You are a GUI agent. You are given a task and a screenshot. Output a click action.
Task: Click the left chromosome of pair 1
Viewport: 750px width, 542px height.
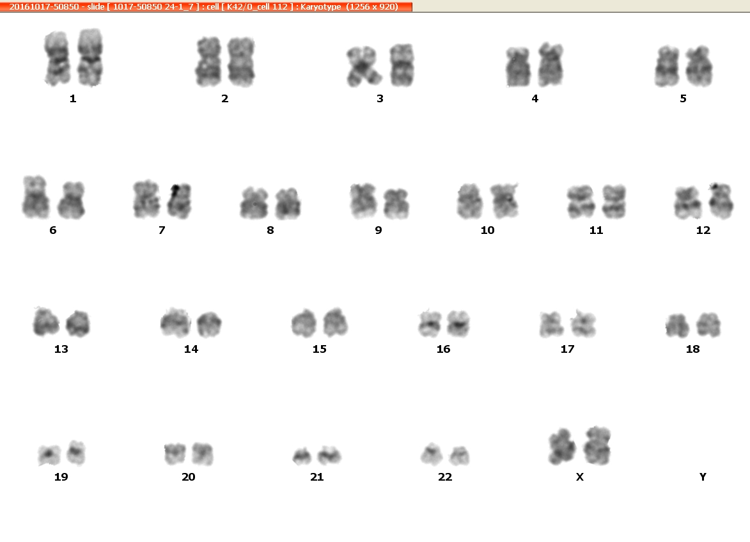tap(58, 58)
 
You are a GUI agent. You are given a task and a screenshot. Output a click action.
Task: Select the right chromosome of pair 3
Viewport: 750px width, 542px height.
tap(402, 65)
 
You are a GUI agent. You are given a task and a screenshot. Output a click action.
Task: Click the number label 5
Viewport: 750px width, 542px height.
tap(683, 98)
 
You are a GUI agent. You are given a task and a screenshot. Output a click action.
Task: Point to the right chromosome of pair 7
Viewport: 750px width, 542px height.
tap(180, 201)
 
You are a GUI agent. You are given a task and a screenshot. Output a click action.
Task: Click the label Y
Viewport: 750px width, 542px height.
tap(703, 477)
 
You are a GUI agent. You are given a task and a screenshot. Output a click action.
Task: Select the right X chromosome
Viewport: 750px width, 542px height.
tap(597, 445)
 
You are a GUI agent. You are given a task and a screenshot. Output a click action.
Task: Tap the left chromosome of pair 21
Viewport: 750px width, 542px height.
tap(302, 456)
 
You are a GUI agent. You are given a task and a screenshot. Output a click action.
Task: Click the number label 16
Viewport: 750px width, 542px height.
tap(443, 349)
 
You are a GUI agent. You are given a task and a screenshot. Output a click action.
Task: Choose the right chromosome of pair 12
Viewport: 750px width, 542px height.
tap(721, 201)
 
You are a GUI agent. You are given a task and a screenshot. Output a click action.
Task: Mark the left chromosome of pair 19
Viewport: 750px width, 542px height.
tap(50, 454)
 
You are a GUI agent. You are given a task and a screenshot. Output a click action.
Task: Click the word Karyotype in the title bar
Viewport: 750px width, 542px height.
tap(320, 6)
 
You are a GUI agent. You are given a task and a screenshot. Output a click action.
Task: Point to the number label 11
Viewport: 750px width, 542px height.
tap(596, 230)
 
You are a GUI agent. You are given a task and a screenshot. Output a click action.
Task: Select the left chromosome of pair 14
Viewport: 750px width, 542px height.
tap(176, 323)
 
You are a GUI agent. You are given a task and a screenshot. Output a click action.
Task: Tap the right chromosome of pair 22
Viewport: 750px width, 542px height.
tap(460, 456)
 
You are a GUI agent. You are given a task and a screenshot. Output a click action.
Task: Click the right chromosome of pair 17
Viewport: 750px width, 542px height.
tap(583, 323)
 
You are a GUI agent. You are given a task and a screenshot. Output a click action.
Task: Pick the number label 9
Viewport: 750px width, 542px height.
tap(379, 230)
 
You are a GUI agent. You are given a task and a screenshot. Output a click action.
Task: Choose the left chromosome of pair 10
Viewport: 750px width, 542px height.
tap(469, 201)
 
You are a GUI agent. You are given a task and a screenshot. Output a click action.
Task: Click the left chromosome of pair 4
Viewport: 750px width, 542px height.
tap(518, 67)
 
